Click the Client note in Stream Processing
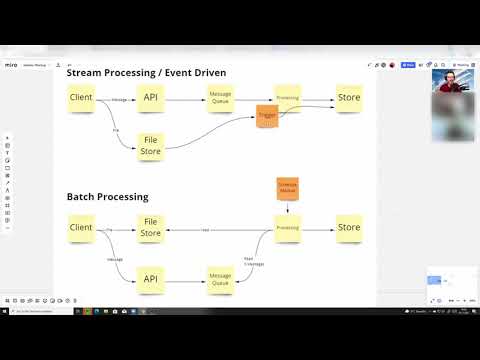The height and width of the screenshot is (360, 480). [81, 99]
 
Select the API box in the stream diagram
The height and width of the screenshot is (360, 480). [150, 98]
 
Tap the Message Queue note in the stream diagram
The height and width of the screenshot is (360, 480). [220, 98]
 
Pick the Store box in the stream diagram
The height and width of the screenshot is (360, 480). [349, 98]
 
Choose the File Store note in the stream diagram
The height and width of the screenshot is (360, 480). [150, 147]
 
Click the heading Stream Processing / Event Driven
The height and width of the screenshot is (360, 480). [146, 73]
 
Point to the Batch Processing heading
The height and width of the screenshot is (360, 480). [107, 197]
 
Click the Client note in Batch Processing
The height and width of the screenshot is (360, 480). [81, 228]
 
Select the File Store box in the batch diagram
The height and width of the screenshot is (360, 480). [150, 228]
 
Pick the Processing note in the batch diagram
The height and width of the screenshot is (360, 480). [288, 228]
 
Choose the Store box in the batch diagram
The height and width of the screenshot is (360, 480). [349, 228]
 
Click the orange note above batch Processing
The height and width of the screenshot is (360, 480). [287, 188]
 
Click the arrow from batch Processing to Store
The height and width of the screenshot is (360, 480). [318, 228]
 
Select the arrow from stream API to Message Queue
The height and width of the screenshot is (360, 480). [185, 98]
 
